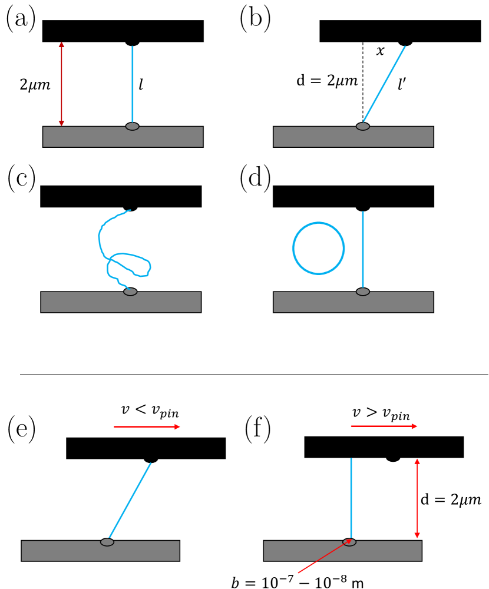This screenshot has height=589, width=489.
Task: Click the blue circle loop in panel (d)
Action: click(x=318, y=223)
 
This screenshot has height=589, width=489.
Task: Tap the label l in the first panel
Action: click(x=141, y=85)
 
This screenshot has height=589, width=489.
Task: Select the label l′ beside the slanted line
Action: click(x=402, y=84)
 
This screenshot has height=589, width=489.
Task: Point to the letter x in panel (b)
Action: click(x=380, y=51)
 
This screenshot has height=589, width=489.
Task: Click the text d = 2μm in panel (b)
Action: click(x=327, y=81)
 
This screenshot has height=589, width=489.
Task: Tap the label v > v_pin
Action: click(x=381, y=413)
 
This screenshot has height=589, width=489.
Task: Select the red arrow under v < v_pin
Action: click(x=147, y=426)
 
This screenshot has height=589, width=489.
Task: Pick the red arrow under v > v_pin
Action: click(x=384, y=426)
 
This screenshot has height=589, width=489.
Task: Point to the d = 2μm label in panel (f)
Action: click(x=451, y=500)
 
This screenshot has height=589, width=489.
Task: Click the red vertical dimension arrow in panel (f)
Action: click(x=417, y=498)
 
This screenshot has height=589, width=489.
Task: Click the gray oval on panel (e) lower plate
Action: click(x=107, y=542)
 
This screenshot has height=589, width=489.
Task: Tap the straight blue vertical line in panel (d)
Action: click(x=363, y=249)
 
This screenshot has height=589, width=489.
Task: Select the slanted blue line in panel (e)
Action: click(x=130, y=500)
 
